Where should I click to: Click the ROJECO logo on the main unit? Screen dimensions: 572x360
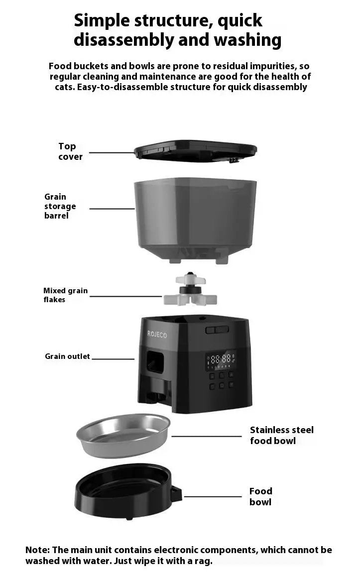pyautogui.click(x=157, y=334)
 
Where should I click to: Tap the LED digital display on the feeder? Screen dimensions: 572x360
pyautogui.click(x=221, y=359)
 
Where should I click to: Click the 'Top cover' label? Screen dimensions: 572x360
pyautogui.click(x=70, y=151)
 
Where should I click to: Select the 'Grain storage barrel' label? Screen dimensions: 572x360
pyautogui.click(x=60, y=206)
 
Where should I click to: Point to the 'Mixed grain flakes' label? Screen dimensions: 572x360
pyautogui.click(x=65, y=295)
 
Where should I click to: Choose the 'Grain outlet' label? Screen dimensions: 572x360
pyautogui.click(x=67, y=356)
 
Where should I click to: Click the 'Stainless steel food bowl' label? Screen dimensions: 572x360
pyautogui.click(x=281, y=435)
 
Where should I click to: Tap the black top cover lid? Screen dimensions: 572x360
pyautogui.click(x=195, y=150)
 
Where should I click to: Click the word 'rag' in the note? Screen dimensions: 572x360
pyautogui.click(x=204, y=561)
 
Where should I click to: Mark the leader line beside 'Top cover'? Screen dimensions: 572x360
pyautogui.click(x=112, y=153)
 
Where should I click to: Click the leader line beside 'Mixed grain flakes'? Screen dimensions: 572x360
pyautogui.click(x=125, y=297)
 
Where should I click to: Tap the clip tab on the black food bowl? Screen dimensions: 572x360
pyautogui.click(x=176, y=494)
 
